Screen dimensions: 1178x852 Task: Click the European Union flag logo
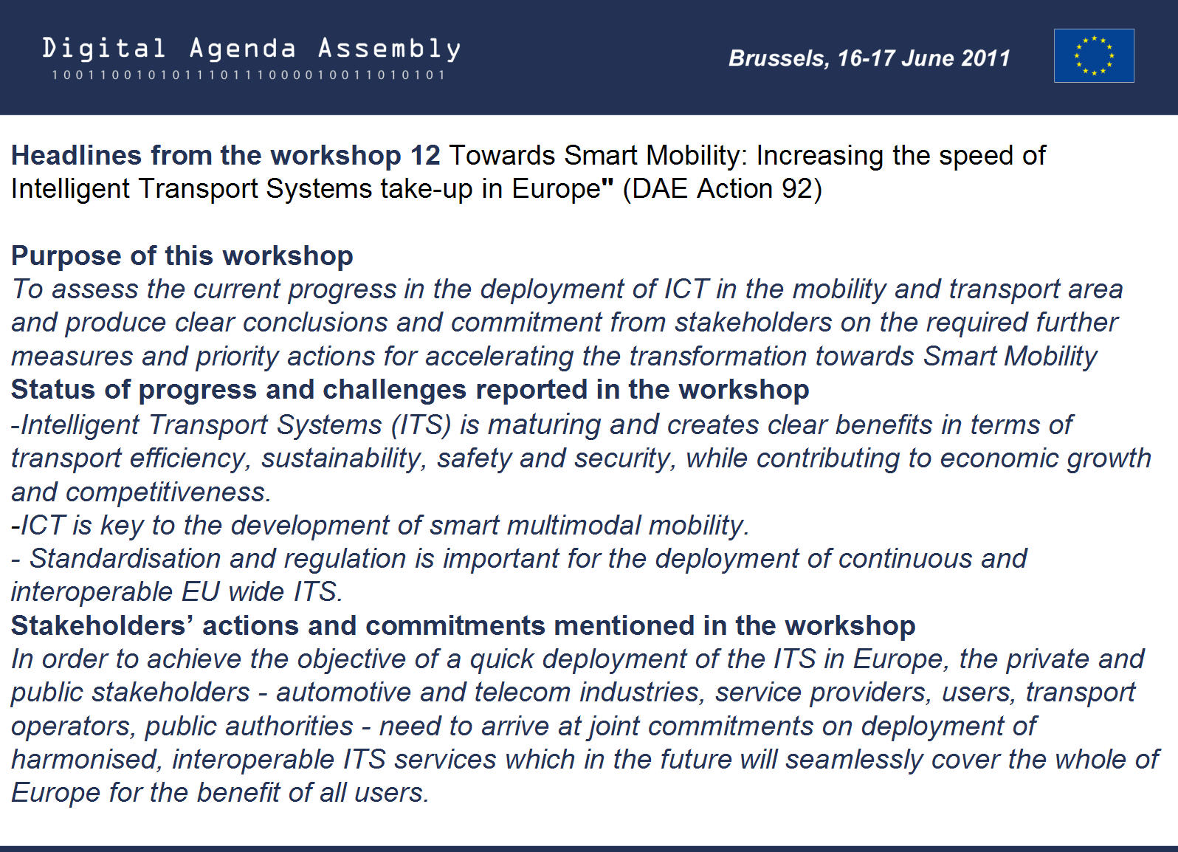pos(1094,56)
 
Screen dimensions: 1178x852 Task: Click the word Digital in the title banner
pos(104,48)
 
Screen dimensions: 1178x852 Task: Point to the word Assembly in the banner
pos(389,49)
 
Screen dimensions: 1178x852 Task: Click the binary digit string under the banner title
pos(248,75)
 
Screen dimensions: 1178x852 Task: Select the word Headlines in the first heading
pos(76,156)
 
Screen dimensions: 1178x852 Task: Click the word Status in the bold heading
pos(53,390)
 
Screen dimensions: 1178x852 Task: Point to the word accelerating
pos(499,357)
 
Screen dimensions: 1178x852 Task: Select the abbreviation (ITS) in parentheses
pos(421,425)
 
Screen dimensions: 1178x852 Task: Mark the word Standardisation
pos(124,559)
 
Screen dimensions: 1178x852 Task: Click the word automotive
pos(343,693)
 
